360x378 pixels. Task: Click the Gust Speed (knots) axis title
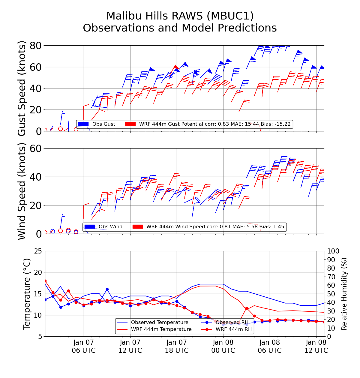tap(22, 88)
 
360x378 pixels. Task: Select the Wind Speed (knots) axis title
tap(22, 191)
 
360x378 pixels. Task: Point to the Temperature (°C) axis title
tap(27, 294)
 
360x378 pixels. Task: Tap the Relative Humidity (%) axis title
tap(344, 294)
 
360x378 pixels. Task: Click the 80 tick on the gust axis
tap(36, 46)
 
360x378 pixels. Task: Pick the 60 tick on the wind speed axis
tap(36, 148)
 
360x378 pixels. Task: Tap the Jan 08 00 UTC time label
tap(223, 346)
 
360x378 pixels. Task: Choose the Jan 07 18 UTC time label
tap(177, 346)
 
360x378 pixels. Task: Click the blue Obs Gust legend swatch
tap(83, 124)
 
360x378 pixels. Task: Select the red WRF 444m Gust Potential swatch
tap(130, 124)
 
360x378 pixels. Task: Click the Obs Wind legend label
tap(110, 227)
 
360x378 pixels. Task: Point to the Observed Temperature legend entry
tap(160, 322)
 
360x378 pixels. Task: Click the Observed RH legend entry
tap(232, 322)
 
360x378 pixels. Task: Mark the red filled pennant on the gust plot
tap(176, 67)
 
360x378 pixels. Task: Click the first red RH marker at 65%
tap(45, 281)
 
